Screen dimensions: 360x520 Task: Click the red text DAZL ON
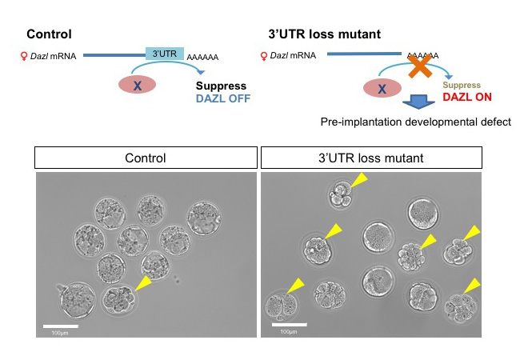point(466,98)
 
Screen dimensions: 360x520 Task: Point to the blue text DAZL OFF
point(223,98)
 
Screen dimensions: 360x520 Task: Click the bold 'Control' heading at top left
point(49,34)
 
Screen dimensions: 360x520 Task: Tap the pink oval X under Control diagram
point(138,84)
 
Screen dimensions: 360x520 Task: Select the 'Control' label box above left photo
point(146,158)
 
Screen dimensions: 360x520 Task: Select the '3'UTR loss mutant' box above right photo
point(372,158)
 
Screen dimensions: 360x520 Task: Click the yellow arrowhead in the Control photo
point(144,281)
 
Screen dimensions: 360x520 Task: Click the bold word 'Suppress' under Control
point(220,85)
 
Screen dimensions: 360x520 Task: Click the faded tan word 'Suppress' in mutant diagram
point(462,83)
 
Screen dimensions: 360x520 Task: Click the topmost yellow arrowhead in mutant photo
point(357,183)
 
